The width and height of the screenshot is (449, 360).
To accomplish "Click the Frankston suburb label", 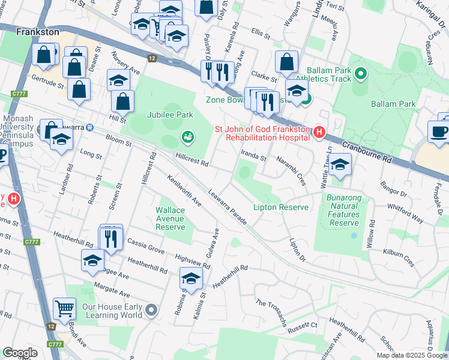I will click(38, 31).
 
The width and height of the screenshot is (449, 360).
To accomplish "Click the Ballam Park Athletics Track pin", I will click(360, 74).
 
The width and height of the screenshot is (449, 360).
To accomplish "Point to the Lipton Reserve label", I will click(281, 207).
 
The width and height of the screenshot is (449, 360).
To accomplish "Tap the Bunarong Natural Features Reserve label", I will click(344, 209).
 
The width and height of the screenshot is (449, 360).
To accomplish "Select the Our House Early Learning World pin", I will click(151, 310).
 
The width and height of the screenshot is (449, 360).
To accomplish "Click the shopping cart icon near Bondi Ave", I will click(64, 309).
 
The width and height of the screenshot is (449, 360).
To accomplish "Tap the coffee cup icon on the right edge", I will click(439, 133).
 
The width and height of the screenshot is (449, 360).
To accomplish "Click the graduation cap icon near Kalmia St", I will click(191, 278).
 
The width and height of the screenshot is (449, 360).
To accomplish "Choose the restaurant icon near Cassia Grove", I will click(110, 239).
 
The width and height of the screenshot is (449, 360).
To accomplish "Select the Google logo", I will click(20, 353).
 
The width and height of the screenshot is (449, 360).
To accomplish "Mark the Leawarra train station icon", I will click(89, 127).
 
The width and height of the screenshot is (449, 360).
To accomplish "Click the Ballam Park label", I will click(393, 104).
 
